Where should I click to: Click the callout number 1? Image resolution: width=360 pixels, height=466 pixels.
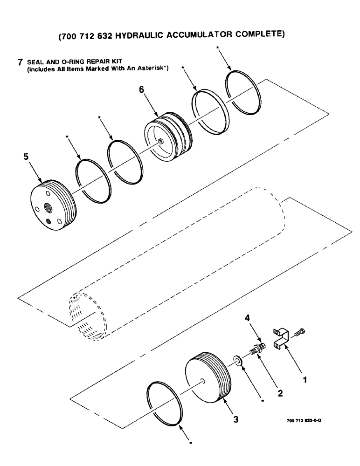pos(305,380)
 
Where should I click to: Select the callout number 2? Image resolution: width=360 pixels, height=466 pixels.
pos(280,393)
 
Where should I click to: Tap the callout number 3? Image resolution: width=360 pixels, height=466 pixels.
pos(236,419)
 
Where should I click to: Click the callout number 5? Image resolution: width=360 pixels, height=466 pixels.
pos(27,158)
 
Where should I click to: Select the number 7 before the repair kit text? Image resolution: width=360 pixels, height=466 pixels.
pos(20,62)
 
